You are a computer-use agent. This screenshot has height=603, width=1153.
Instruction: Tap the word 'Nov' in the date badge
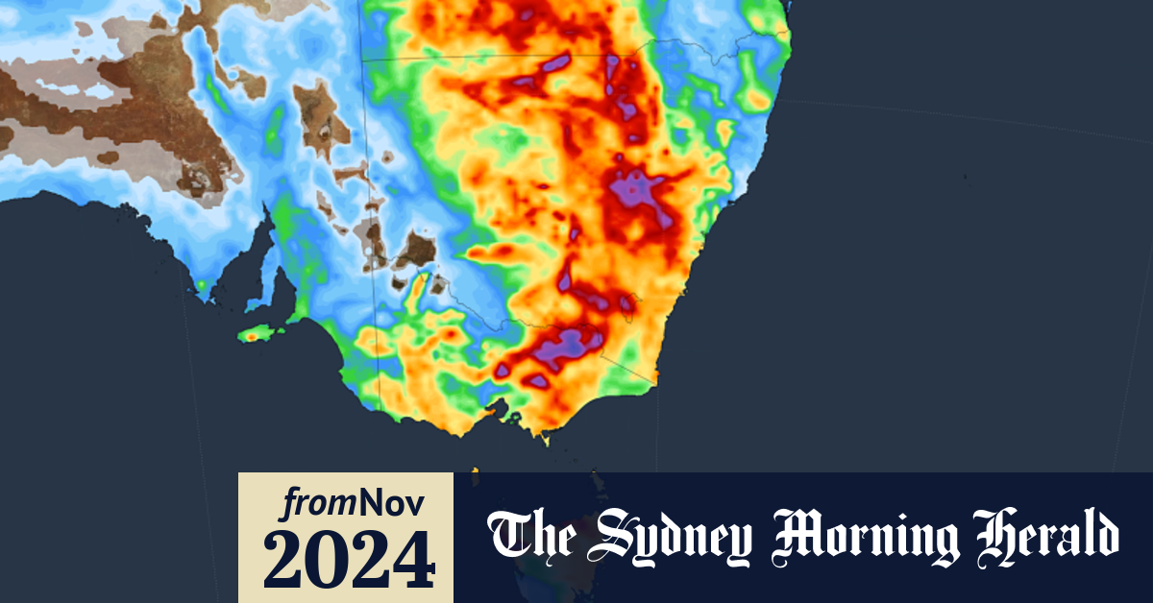click(x=394, y=501)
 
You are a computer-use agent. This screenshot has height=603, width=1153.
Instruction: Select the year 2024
click(x=346, y=557)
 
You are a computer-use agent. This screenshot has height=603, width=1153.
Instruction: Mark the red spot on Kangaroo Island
click(x=254, y=335)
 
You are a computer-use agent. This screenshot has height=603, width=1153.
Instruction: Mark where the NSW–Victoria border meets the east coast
click(x=656, y=384)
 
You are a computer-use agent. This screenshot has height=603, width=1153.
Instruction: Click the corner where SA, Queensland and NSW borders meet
click(x=363, y=59)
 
